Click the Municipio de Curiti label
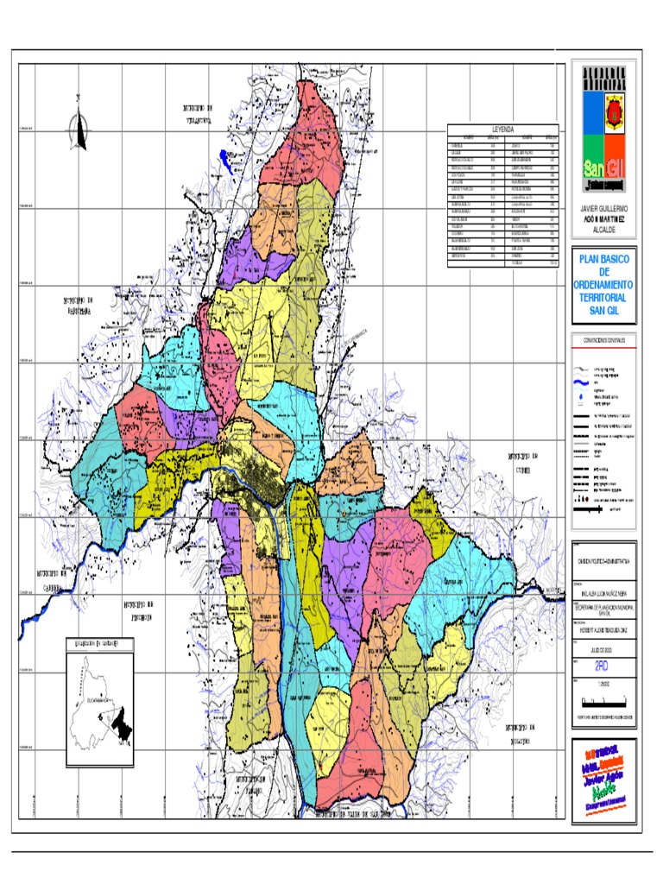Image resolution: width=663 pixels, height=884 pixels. click(527, 460)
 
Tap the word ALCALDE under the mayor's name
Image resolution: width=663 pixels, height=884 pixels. click(603, 231)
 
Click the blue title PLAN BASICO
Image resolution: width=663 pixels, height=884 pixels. click(603, 260)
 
